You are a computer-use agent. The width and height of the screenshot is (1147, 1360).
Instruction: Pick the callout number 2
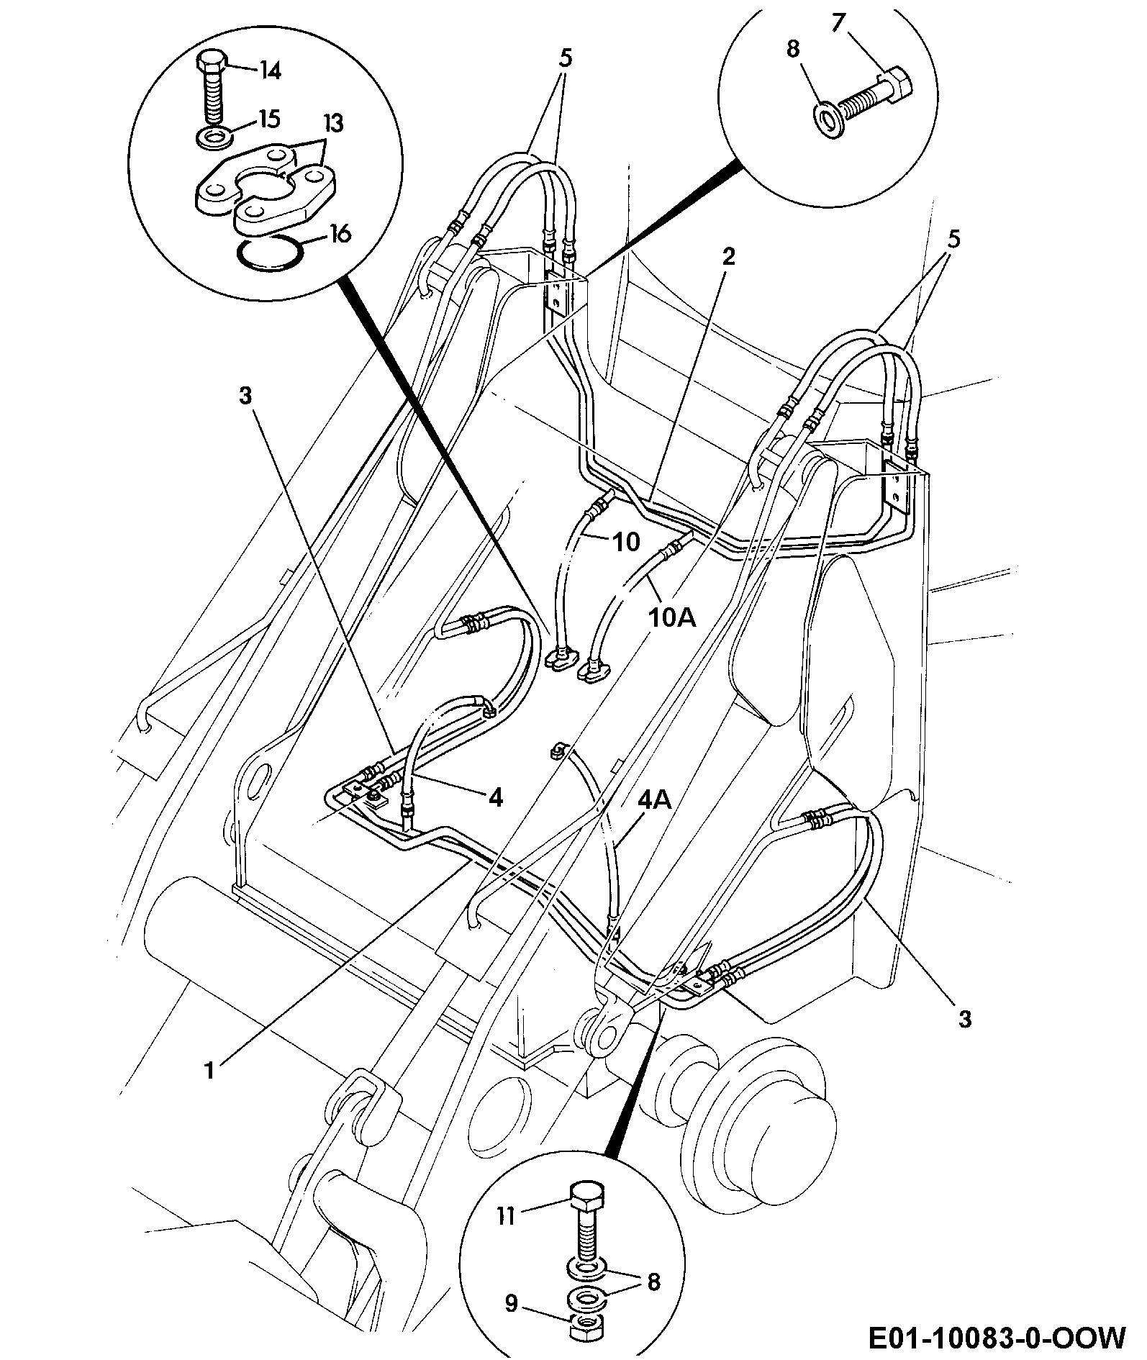click(729, 257)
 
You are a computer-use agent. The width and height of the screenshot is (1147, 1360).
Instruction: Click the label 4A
click(655, 800)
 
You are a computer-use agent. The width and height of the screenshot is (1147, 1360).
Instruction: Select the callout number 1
click(209, 1071)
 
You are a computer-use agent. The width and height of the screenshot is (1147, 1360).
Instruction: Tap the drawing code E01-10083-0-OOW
click(997, 1338)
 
